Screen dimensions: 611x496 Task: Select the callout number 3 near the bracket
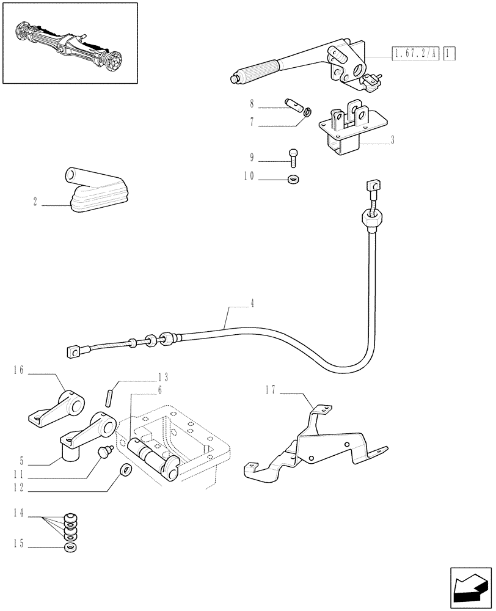[392, 140]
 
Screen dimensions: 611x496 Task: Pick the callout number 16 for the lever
[18, 370]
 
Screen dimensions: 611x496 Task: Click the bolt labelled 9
[294, 157]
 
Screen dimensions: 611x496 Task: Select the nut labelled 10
[294, 179]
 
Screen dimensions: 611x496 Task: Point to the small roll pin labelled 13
[111, 393]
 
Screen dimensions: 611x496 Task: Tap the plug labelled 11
[104, 452]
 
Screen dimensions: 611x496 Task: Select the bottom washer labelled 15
[71, 546]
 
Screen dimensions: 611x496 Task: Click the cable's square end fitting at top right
[373, 185]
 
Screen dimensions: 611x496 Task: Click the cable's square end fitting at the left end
[73, 351]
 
